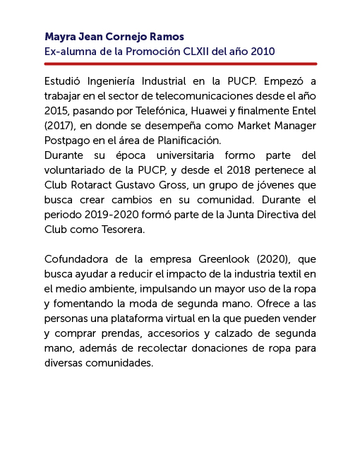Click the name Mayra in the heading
click(60, 37)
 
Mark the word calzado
click(247, 333)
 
